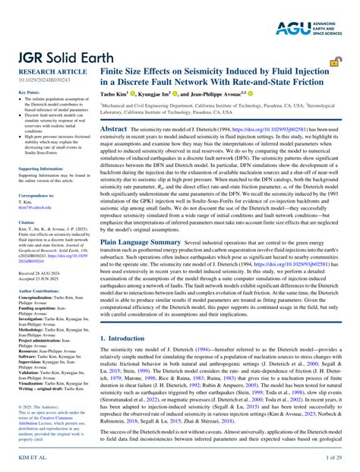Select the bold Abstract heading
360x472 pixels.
pyautogui.click(x=114, y=130)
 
